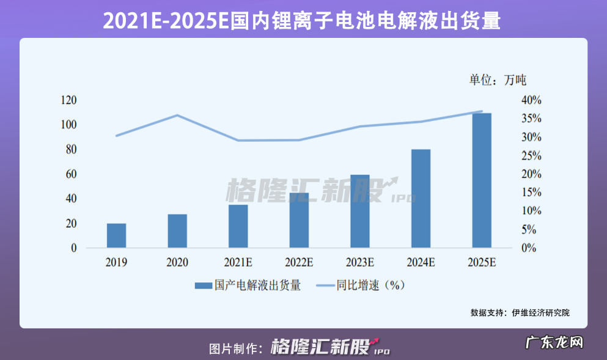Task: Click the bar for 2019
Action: pyautogui.click(x=116, y=235)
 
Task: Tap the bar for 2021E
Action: pyautogui.click(x=238, y=226)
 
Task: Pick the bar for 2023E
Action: pyautogui.click(x=359, y=211)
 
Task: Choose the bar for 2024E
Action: pyautogui.click(x=421, y=199)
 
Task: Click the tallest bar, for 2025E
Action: pyautogui.click(x=482, y=180)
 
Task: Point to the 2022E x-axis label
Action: pyautogui.click(x=299, y=263)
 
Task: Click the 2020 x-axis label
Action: pyautogui.click(x=177, y=263)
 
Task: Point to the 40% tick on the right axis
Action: pyautogui.click(x=531, y=100)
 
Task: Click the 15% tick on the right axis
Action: pyautogui.click(x=531, y=193)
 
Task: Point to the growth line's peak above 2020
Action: pyautogui.click(x=177, y=115)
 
